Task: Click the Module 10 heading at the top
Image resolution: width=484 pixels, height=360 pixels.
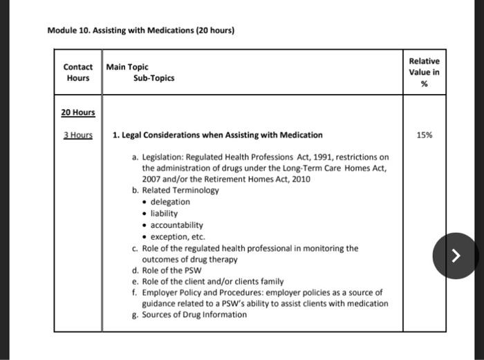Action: (141, 30)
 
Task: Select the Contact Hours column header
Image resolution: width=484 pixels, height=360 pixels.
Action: (78, 73)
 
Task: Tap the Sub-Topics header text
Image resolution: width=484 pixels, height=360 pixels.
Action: (153, 78)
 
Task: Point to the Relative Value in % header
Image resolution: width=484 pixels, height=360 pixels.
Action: (424, 73)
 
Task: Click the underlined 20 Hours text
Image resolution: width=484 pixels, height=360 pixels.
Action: (78, 112)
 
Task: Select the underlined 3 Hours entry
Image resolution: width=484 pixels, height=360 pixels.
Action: (78, 135)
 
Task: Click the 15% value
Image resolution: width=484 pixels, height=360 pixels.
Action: (425, 135)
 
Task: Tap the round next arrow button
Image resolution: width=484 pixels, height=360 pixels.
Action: (455, 256)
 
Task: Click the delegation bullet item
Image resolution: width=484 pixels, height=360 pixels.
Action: (170, 202)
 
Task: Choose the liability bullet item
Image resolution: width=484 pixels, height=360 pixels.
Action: (164, 214)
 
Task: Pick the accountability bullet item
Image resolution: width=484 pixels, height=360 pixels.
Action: (176, 225)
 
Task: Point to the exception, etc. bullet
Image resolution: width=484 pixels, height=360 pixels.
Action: (178, 236)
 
